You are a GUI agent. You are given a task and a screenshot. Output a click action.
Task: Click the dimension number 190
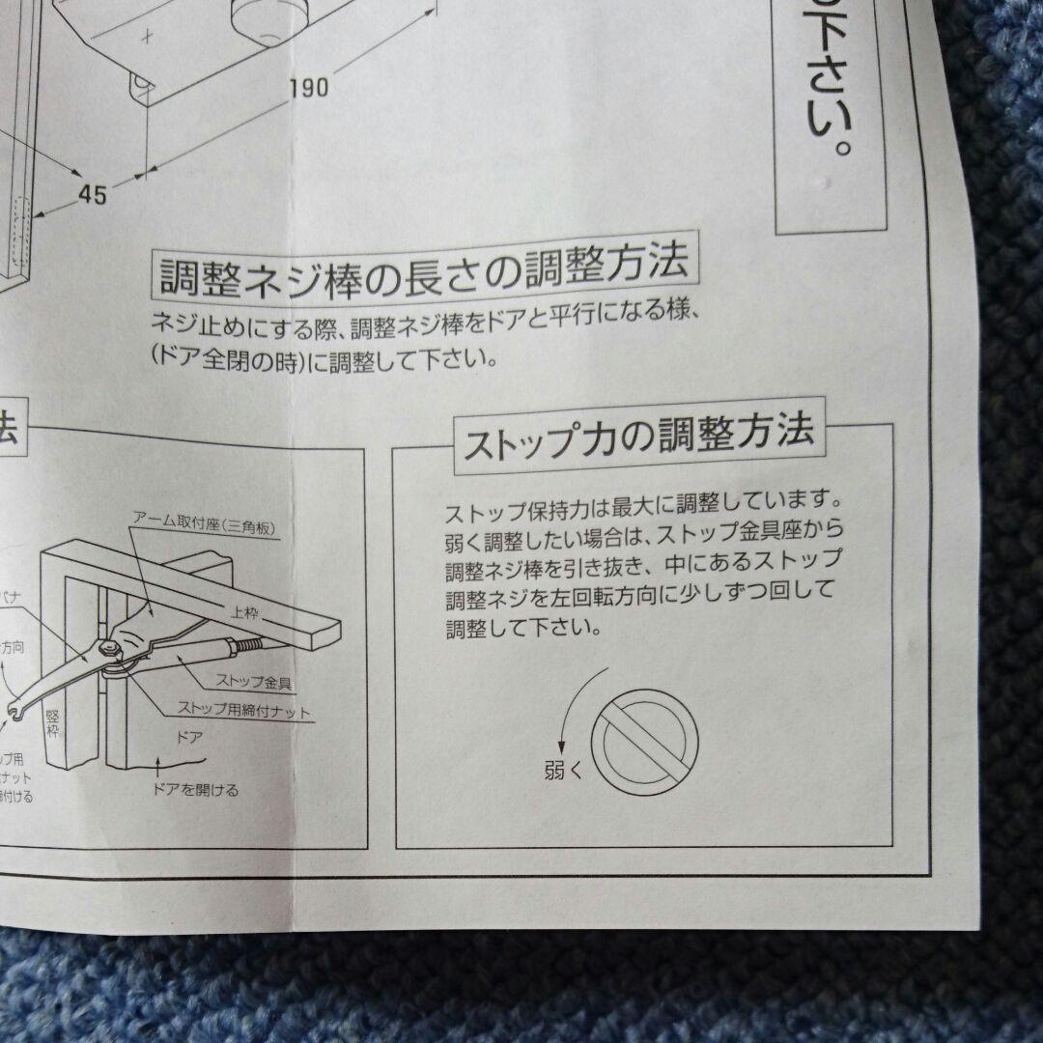tap(308, 88)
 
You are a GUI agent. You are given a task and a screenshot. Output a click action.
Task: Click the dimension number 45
tap(92, 193)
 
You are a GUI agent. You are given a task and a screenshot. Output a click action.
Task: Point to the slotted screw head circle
tap(644, 740)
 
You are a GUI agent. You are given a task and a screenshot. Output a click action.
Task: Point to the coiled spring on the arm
tap(246, 640)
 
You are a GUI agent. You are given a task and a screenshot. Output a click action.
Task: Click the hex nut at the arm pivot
tap(113, 654)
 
